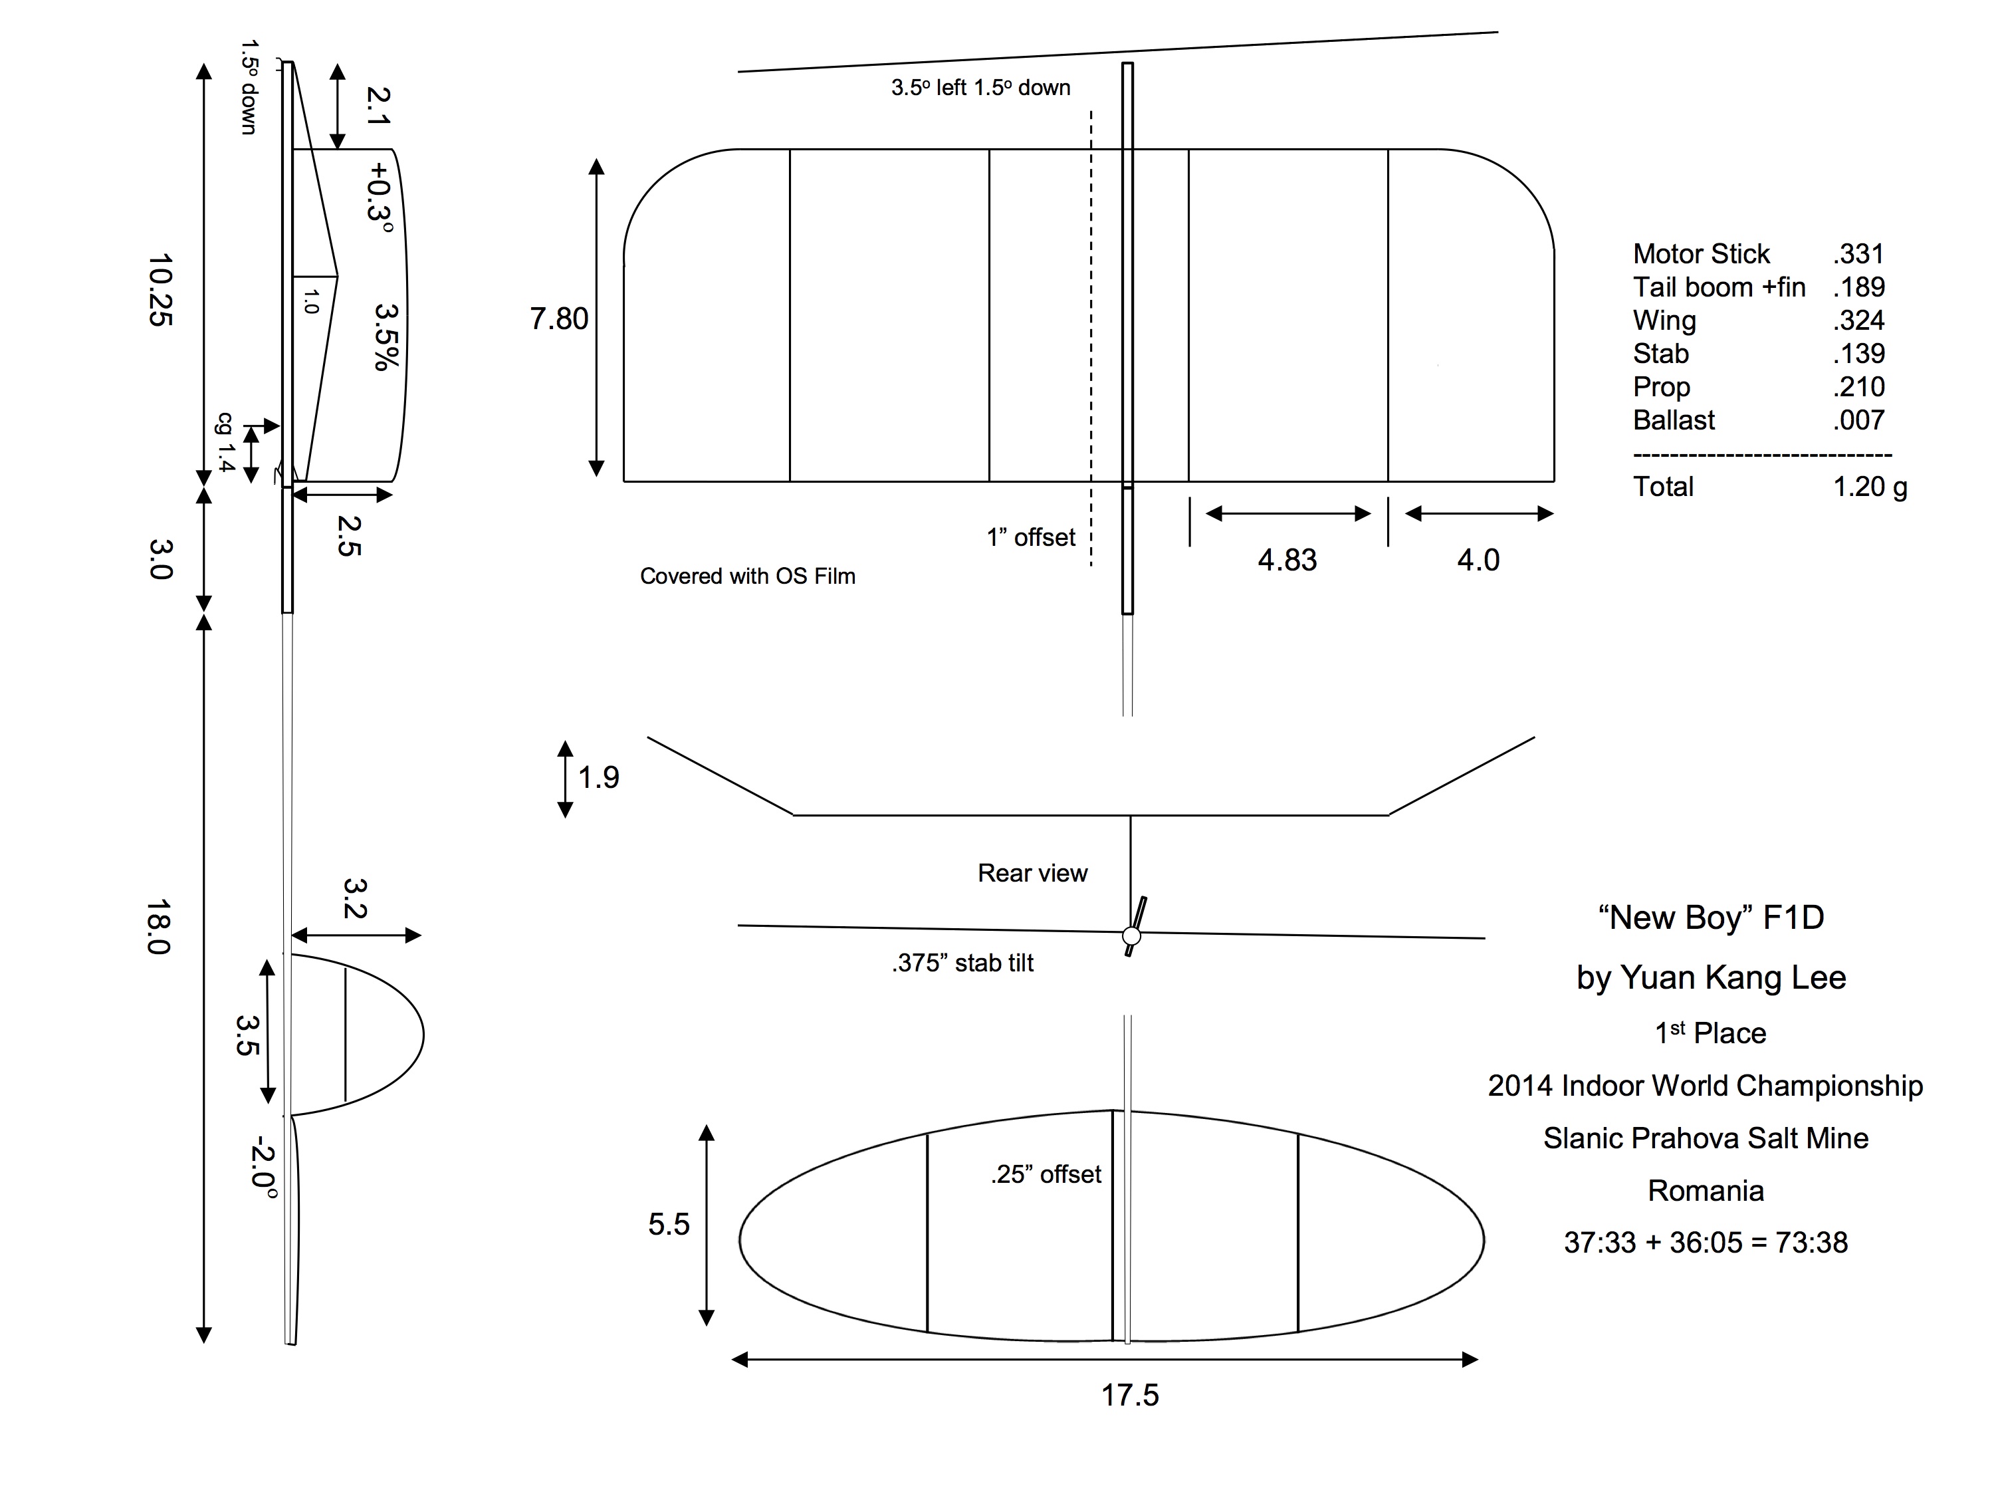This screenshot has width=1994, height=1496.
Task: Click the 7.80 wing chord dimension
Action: [x=559, y=319]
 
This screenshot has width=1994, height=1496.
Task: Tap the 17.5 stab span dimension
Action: [x=1129, y=1395]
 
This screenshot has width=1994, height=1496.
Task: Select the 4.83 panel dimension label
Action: [x=1287, y=560]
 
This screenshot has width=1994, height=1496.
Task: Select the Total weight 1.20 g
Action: [x=1870, y=486]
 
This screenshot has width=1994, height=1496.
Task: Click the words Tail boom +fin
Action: [x=1719, y=287]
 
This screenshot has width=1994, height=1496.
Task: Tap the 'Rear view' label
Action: [x=1032, y=873]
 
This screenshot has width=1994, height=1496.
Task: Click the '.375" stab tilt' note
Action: [x=962, y=963]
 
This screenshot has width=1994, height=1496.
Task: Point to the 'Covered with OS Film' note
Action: [x=747, y=576]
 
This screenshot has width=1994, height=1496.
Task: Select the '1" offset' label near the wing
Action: [x=1030, y=537]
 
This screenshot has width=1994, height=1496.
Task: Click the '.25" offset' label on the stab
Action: [x=1046, y=1174]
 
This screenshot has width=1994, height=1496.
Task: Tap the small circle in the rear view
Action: [x=1131, y=936]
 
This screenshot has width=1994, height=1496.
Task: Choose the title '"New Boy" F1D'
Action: [x=1711, y=917]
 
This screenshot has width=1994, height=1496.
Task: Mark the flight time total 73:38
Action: [x=1811, y=1243]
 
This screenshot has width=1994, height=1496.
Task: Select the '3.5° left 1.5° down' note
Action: [x=981, y=88]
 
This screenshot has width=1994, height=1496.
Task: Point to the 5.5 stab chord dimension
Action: [x=669, y=1223]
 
